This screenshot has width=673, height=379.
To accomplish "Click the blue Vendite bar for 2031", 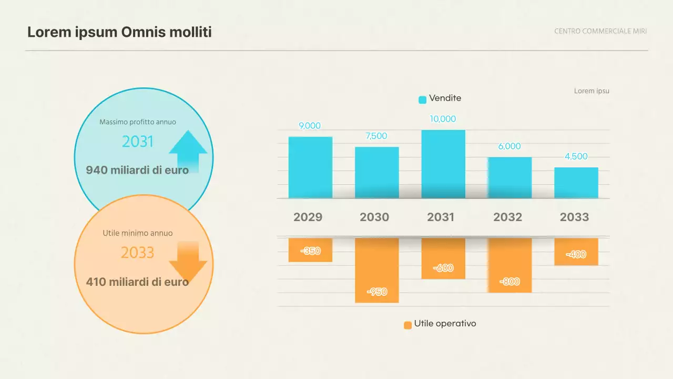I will coord(443,164).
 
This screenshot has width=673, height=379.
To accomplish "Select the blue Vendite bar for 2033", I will coord(576,183).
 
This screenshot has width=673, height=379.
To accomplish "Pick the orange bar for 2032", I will coord(509,265).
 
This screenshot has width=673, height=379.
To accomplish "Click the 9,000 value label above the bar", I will coord(310,126).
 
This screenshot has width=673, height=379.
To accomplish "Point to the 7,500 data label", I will coord(376,136).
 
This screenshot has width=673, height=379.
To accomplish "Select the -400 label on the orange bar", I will coord(576,255).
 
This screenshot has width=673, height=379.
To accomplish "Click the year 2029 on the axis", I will coord(308,217).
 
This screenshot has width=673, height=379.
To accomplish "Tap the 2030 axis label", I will coord(374,217).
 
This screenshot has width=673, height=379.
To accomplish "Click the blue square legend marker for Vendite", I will coord(422,99).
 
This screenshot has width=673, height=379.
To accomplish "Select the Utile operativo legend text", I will coord(445,324).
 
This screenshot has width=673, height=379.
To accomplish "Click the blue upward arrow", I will coord(188,151).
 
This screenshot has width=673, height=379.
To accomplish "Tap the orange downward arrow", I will coord(188,262).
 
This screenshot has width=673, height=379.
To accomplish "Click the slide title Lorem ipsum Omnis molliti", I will coord(119,32).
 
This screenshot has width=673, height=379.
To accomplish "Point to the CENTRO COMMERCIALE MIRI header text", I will coord(600,31).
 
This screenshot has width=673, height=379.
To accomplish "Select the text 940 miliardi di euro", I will coord(137,170).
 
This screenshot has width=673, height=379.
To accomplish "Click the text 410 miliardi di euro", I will coord(137,282).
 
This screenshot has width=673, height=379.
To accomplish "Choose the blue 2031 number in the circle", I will coord(138,142).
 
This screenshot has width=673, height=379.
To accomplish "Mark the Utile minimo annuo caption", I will coord(138,233).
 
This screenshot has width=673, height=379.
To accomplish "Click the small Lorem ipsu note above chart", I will coord(592,91).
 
